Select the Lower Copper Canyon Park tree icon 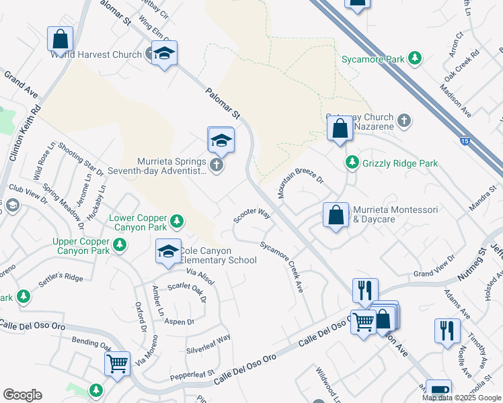[x=176, y=220]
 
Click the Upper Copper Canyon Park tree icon [x=119, y=246]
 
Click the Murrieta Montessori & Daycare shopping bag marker [x=336, y=216]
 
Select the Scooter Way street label [x=251, y=216]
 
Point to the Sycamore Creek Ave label [x=282, y=266]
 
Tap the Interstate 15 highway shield [x=465, y=141]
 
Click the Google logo [x=22, y=395]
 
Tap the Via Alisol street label [x=199, y=277]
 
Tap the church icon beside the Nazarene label [x=403, y=121]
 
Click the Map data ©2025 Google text [x=461, y=398]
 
